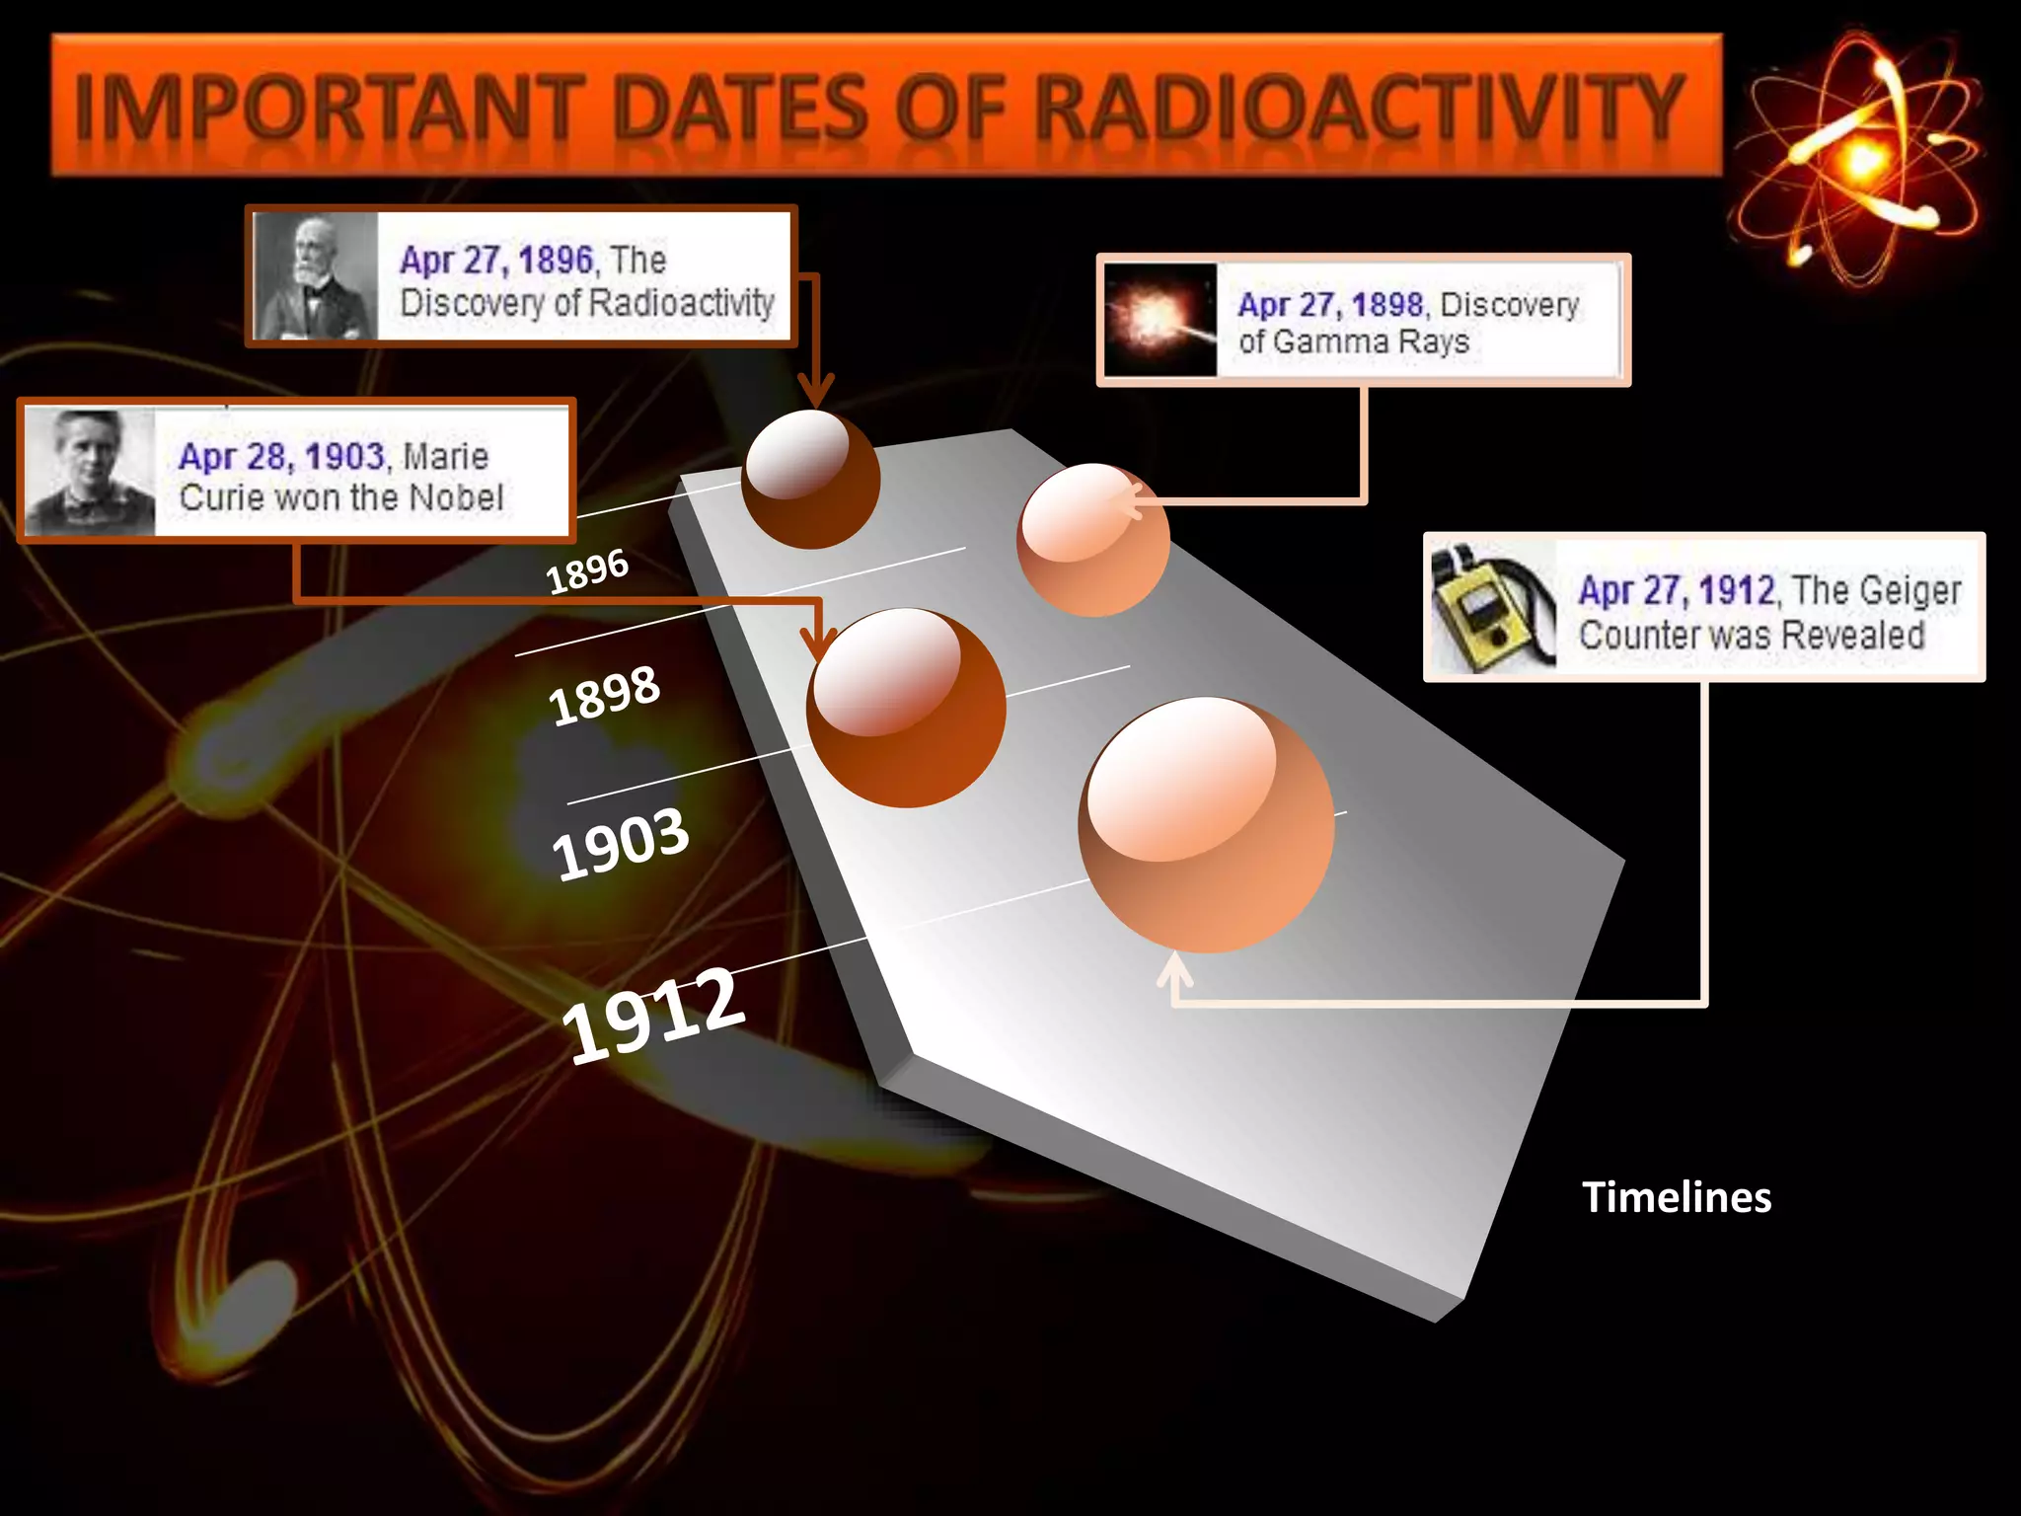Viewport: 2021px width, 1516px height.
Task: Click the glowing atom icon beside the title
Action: pyautogui.click(x=1860, y=158)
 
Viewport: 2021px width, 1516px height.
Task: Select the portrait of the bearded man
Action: pyautogui.click(x=315, y=277)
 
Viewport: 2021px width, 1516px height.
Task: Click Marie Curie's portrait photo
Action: pyautogui.click(x=89, y=472)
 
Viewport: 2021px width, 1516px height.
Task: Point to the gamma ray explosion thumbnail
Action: pyautogui.click(x=1160, y=320)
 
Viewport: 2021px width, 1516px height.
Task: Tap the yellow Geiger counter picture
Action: pyautogui.click(x=1493, y=606)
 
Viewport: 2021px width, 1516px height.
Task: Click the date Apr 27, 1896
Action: pyautogui.click(x=496, y=260)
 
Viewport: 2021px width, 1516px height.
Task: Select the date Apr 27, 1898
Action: pyautogui.click(x=1330, y=304)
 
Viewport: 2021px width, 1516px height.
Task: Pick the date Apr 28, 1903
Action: pyautogui.click(x=281, y=456)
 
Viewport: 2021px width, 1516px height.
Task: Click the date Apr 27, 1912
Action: pyautogui.click(x=1677, y=590)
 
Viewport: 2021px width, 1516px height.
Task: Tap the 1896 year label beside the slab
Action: pyautogui.click(x=587, y=570)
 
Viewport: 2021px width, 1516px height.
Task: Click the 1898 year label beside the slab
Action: pyautogui.click(x=604, y=695)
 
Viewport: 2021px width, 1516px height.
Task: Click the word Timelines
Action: pyautogui.click(x=1677, y=1197)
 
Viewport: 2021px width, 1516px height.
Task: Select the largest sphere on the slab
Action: pyautogui.click(x=1206, y=825)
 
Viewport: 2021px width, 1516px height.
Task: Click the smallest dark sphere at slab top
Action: pyautogui.click(x=810, y=479)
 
